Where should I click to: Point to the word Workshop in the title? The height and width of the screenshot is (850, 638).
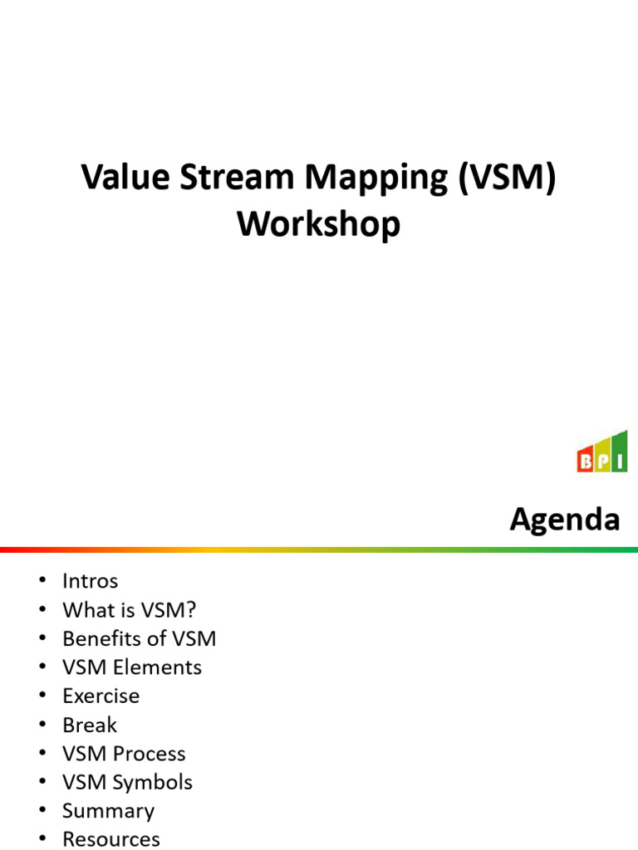pos(319,223)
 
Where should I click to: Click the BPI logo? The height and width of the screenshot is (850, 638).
pos(602,452)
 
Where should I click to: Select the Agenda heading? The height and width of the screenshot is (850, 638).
pos(565,520)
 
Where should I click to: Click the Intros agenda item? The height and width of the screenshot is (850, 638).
pos(90,581)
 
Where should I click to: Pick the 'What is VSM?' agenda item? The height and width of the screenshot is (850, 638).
pos(129,610)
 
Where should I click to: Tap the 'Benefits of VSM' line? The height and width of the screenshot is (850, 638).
pos(139,638)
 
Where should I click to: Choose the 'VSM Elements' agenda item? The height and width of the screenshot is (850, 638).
pos(131,667)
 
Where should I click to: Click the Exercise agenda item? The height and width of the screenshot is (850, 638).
pos(101,696)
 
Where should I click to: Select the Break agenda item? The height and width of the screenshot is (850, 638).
pos(90,725)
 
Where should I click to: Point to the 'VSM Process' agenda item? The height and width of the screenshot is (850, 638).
pos(124,754)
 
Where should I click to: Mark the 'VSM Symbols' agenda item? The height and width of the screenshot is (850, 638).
pos(127,782)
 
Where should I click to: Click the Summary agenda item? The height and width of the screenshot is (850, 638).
pos(108,811)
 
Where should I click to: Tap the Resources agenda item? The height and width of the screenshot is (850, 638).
pos(110,839)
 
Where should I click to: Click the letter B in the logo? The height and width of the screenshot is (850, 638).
pos(586,462)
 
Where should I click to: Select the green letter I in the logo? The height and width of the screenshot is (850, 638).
pos(620,461)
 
